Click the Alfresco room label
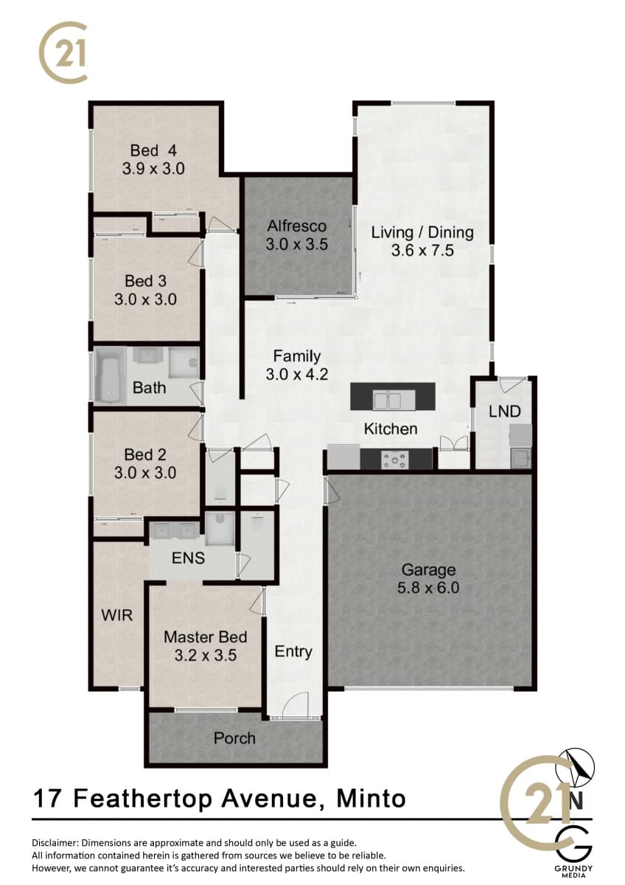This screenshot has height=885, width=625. click(x=297, y=226)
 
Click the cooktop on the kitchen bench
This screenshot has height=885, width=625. click(x=395, y=459)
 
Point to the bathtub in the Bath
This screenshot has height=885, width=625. click(x=109, y=376)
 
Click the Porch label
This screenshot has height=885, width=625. click(x=234, y=738)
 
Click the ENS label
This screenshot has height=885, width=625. click(x=189, y=558)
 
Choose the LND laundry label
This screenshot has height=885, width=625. click(x=505, y=412)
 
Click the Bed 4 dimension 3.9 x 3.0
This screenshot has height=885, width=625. click(x=153, y=169)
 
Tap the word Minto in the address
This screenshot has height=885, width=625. click(x=371, y=798)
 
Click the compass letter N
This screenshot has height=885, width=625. click(x=576, y=800)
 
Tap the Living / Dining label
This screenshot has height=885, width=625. click(x=422, y=232)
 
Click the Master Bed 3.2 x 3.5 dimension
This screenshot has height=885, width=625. click(x=206, y=656)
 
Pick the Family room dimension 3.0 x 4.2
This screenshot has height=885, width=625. click(x=297, y=374)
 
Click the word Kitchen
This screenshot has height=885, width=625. click(x=391, y=428)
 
